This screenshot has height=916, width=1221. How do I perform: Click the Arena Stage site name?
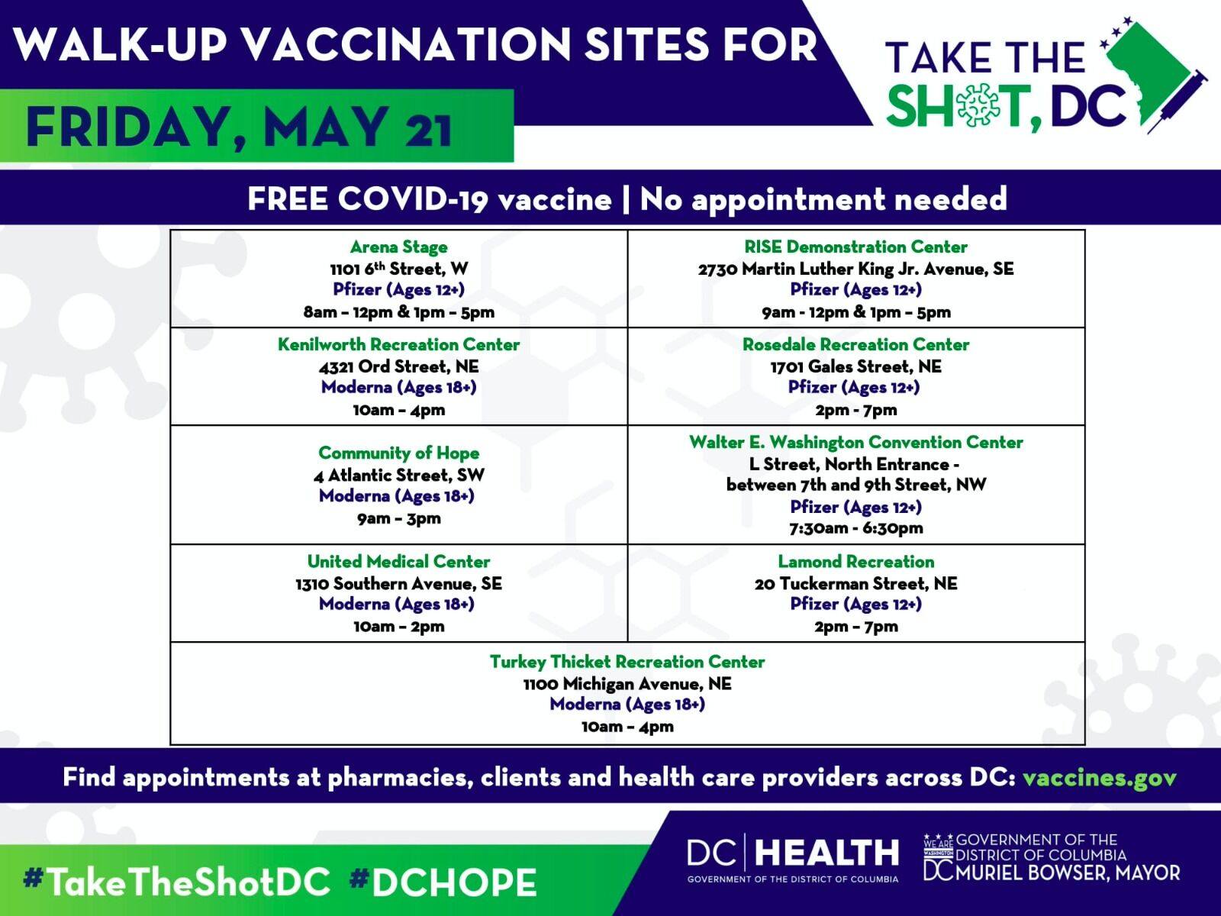pyautogui.click(x=398, y=247)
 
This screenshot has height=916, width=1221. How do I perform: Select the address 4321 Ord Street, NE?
pyautogui.click(x=398, y=366)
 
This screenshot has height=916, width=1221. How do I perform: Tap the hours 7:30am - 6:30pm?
pyautogui.click(x=856, y=527)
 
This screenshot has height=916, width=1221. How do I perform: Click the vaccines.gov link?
pyautogui.click(x=1099, y=778)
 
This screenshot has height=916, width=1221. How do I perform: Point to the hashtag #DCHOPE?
pyautogui.click(x=443, y=882)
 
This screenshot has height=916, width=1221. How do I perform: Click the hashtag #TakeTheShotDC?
pyautogui.click(x=176, y=882)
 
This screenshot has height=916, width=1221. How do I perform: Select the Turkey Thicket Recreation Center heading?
pyautogui.click(x=627, y=662)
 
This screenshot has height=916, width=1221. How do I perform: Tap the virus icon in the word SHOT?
pyautogui.click(x=976, y=105)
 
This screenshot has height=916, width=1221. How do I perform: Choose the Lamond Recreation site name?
pyautogui.click(x=856, y=562)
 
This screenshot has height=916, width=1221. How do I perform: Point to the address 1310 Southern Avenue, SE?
pyautogui.click(x=398, y=583)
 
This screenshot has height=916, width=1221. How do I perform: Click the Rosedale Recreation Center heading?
pyautogui.click(x=856, y=345)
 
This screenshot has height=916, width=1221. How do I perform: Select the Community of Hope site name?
pyautogui.click(x=398, y=453)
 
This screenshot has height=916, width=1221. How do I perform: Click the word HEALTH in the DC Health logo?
pyautogui.click(x=826, y=853)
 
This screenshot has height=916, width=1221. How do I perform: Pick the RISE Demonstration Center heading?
pyautogui.click(x=856, y=247)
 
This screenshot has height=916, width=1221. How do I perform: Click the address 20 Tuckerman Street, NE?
pyautogui.click(x=856, y=583)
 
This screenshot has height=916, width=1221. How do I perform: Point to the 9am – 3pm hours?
pyautogui.click(x=398, y=518)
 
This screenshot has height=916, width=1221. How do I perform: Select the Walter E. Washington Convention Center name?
pyautogui.click(x=856, y=443)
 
